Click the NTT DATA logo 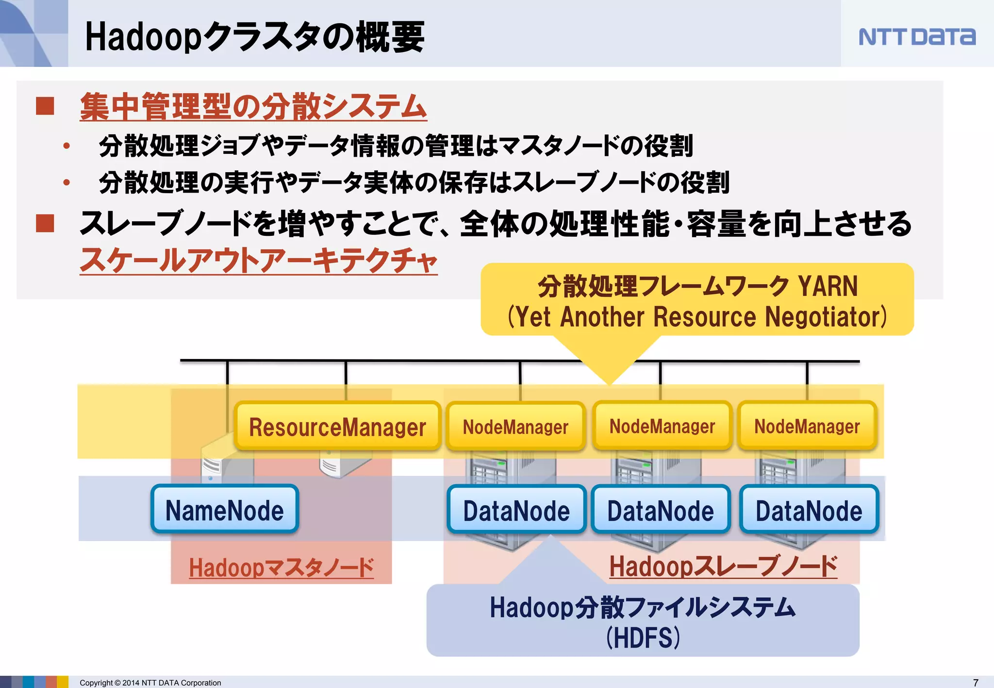[x=916, y=37]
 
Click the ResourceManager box [x=337, y=426]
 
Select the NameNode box [x=225, y=510]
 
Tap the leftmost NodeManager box [x=515, y=426]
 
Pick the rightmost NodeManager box [x=807, y=426]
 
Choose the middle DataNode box [x=661, y=510]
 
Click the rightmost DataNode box [x=809, y=510]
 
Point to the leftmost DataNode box [x=516, y=510]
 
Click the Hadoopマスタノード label [x=282, y=567]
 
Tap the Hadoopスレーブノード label [x=723, y=566]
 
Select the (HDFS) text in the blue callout [x=643, y=637]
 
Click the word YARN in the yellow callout [x=828, y=286]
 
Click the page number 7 [x=976, y=682]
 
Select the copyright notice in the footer [x=150, y=683]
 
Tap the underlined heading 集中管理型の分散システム [x=253, y=106]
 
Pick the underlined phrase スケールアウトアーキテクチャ [x=259, y=260]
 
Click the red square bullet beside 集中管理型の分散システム [x=45, y=106]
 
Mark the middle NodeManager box [x=662, y=426]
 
